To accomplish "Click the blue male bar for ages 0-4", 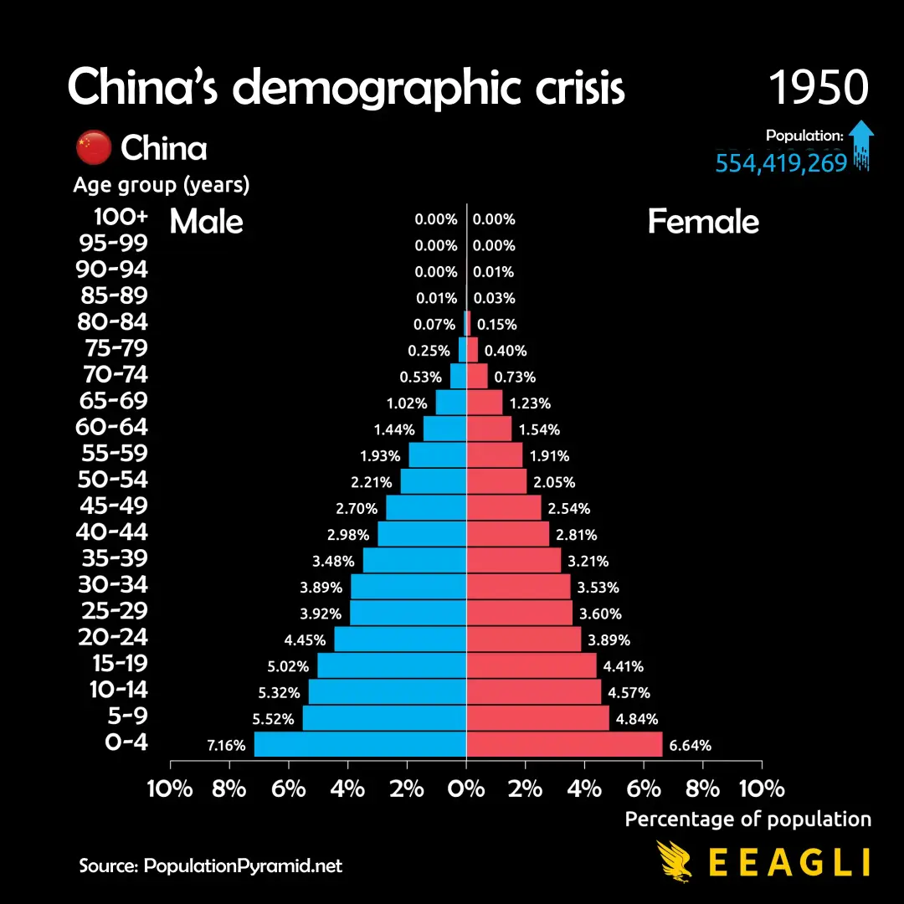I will coord(360,744).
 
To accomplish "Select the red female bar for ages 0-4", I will coord(564,744).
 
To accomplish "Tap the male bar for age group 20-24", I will coord(400,639).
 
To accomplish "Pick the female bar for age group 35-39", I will coord(513,560).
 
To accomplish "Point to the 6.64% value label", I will coord(691,745).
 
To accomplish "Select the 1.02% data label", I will coord(406,403).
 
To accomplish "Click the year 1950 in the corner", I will coord(818,87).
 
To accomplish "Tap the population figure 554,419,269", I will coord(781,162).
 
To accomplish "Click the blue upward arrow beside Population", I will coord(861,142).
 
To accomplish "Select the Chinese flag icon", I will coord(93,148).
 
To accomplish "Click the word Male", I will coord(206,222).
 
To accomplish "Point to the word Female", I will coord(703,222).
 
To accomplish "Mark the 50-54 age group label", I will coord(113,480).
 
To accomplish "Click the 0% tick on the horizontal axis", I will coord(466,788).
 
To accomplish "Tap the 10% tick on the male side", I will coord(170,788).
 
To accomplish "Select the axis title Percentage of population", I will coord(747,819).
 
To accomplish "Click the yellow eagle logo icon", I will coord(675,861).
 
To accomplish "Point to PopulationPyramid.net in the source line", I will coord(244,865).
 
